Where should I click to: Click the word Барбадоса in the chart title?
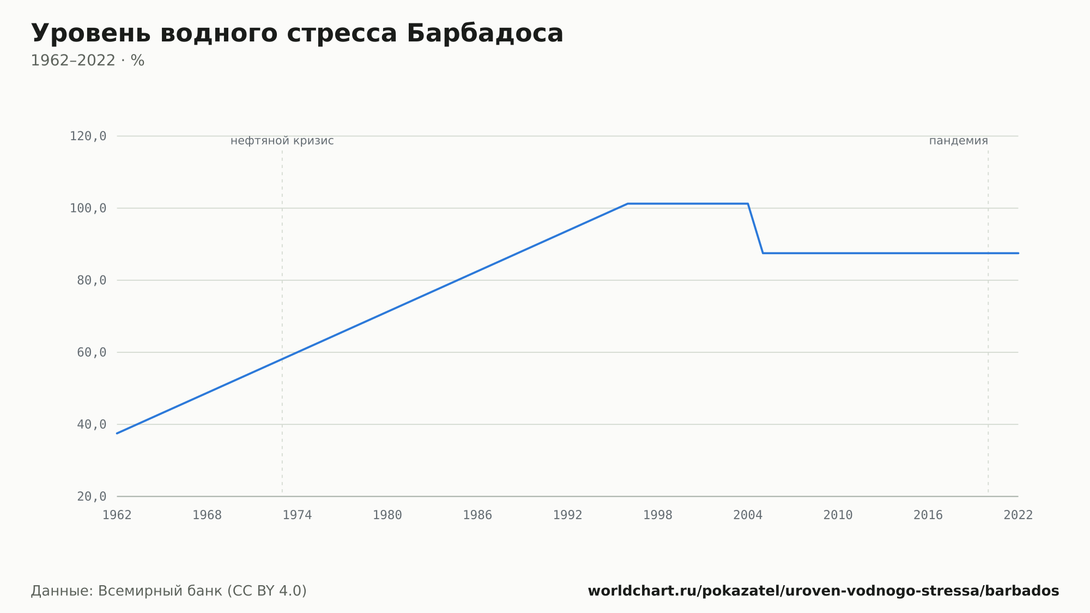coord(485,33)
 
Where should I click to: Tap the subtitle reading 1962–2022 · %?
coord(88,61)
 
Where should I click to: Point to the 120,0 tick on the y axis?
coord(88,136)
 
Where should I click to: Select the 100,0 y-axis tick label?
coord(88,208)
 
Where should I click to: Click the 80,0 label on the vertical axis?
coord(92,280)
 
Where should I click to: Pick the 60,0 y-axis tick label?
coord(92,352)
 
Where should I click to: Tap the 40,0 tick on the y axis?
coord(92,424)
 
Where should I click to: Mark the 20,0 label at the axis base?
coord(92,496)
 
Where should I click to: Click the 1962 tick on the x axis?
coord(117,515)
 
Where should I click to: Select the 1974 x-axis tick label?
coord(297,515)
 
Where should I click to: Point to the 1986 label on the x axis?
coord(477,515)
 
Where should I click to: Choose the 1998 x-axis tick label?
coord(658,515)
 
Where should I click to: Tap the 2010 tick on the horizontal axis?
coord(838,515)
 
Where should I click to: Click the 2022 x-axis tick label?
coord(1018,515)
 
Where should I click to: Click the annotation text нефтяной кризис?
coord(282,141)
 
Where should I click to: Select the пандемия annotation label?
coord(959,141)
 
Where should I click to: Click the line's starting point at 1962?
coord(117,433)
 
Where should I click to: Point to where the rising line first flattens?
coord(628,204)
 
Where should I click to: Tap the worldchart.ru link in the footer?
coord(823,591)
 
